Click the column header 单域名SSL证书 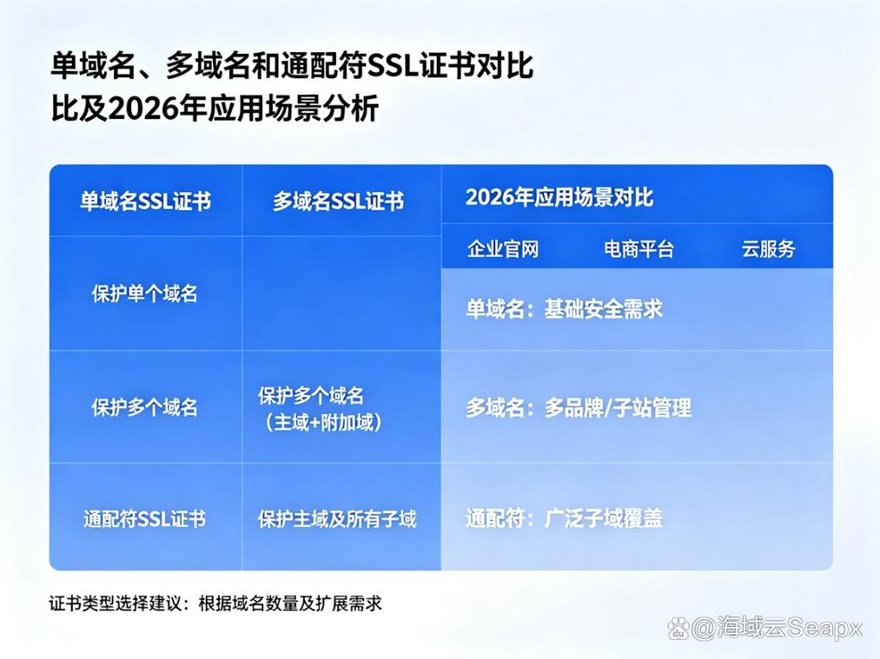coord(145,201)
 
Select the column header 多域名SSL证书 coord(339,201)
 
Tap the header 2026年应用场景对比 coord(559,197)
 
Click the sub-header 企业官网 coord(503,249)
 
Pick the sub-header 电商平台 coord(638,249)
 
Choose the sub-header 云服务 coord(768,249)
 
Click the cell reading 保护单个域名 coord(145,293)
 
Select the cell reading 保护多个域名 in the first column coord(145,407)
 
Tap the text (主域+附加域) coord(323,422)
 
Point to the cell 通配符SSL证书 coord(145,519)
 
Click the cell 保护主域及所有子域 coord(337,519)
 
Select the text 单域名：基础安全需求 coord(564,309)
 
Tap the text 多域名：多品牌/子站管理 coord(579,408)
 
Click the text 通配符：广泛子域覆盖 coord(564,518)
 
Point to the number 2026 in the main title coord(135,109)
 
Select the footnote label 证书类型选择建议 coord(115,603)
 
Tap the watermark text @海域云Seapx coord(776,627)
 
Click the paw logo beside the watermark coord(678,628)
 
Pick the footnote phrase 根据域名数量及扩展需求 coord(290,603)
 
